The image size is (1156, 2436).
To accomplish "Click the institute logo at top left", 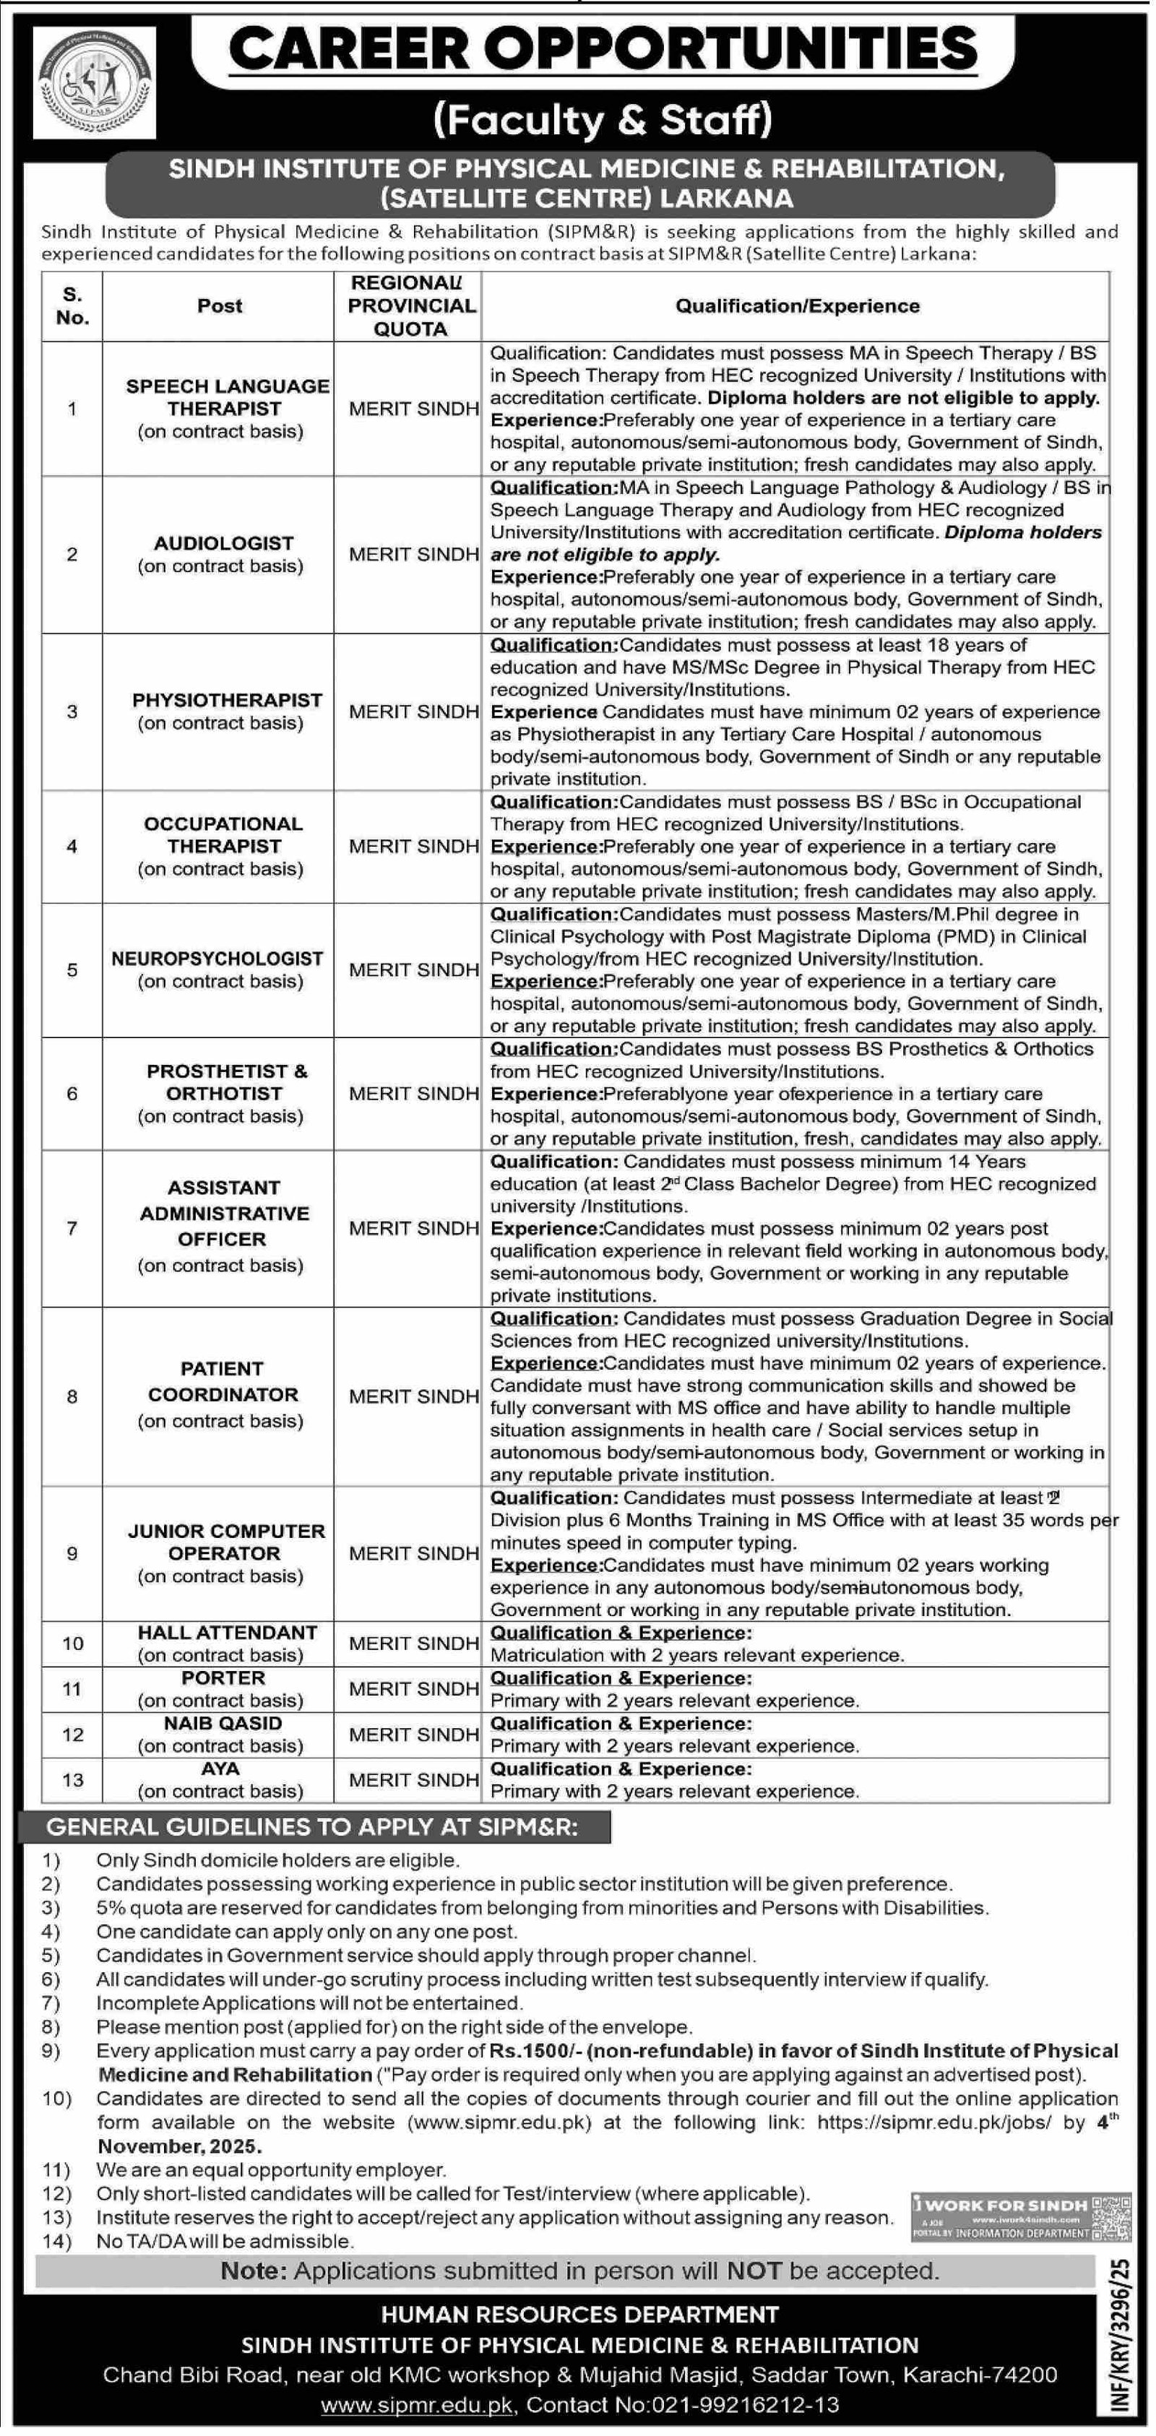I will pyautogui.click(x=95, y=82).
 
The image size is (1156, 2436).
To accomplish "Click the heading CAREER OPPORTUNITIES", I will pyautogui.click(x=603, y=49).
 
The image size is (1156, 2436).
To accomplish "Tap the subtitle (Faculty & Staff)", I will pyautogui.click(x=603, y=120).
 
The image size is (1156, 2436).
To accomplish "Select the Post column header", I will pyautogui.click(x=220, y=306).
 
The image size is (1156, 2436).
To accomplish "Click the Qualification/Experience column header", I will pyautogui.click(x=796, y=306).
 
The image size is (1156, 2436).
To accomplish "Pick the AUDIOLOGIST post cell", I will pyautogui.click(x=223, y=554).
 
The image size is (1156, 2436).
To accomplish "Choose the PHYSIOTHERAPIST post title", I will pyautogui.click(x=227, y=700).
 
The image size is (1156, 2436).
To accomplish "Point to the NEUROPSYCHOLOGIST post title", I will pyautogui.click(x=217, y=958).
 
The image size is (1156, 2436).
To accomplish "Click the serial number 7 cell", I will pyautogui.click(x=72, y=1227).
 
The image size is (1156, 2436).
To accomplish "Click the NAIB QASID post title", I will pyautogui.click(x=223, y=1723).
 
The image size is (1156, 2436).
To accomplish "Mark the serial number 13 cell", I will pyautogui.click(x=72, y=1780).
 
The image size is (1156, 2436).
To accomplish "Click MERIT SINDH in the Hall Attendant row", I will pyautogui.click(x=413, y=1644).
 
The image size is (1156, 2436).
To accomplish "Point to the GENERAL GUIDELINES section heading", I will pyautogui.click(x=312, y=1827).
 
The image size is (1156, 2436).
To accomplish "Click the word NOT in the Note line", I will pyautogui.click(x=754, y=2271).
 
